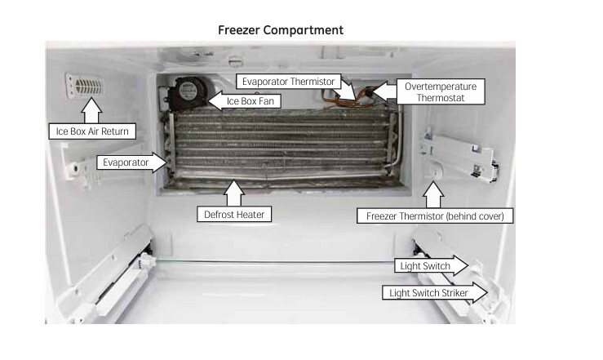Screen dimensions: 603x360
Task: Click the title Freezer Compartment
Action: pyautogui.click(x=281, y=30)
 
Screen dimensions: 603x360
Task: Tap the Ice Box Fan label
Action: pyautogui.click(x=250, y=101)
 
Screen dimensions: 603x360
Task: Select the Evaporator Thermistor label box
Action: pyautogui.click(x=288, y=82)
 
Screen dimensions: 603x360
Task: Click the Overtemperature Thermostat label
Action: pyautogui.click(x=441, y=92)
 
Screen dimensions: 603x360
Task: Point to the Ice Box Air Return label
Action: pyautogui.click(x=92, y=131)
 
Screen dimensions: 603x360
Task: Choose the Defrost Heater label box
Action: pyautogui.click(x=234, y=214)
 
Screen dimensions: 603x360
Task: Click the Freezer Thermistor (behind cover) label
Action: pyautogui.click(x=435, y=216)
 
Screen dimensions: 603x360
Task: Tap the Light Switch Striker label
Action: pyautogui.click(x=428, y=293)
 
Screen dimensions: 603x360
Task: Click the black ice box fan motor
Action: pyautogui.click(x=187, y=93)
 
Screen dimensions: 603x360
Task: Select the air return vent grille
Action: pyautogui.click(x=86, y=87)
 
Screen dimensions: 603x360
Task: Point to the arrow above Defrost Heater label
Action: pyautogui.click(x=234, y=193)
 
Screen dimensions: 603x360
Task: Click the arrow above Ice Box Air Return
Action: pyautogui.click(x=91, y=110)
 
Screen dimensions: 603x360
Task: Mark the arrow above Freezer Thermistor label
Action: pyautogui.click(x=433, y=195)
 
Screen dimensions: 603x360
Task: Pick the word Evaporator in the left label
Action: pyautogui.click(x=126, y=162)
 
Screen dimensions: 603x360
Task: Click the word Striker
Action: pyautogui.click(x=454, y=293)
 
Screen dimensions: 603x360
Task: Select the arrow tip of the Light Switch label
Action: pyautogui.click(x=468, y=265)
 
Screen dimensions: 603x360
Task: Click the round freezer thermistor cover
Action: pyautogui.click(x=434, y=171)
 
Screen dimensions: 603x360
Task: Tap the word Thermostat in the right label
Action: pyautogui.click(x=441, y=98)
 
